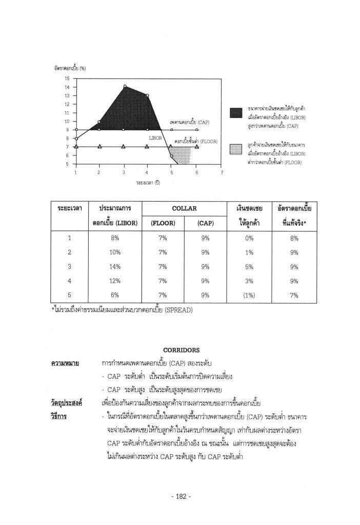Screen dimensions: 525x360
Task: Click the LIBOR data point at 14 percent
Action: (x=124, y=86)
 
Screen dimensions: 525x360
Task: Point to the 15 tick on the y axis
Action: (x=67, y=79)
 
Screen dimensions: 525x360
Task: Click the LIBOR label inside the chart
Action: (x=155, y=138)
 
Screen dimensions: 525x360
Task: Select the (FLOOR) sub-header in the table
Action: (x=163, y=223)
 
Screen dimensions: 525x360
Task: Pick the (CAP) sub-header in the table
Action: (x=205, y=223)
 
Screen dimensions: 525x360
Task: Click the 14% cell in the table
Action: (x=114, y=266)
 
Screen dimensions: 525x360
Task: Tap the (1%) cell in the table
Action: (x=249, y=295)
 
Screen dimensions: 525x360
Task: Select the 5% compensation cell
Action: (x=249, y=266)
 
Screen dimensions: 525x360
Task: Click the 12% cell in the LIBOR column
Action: (x=114, y=281)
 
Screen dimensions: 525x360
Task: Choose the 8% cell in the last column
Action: (x=294, y=238)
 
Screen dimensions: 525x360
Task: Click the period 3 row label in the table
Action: (x=69, y=266)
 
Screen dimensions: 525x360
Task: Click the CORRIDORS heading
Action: (x=181, y=350)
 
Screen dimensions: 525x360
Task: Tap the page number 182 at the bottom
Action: (x=180, y=497)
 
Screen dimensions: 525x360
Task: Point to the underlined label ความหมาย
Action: (x=65, y=363)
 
